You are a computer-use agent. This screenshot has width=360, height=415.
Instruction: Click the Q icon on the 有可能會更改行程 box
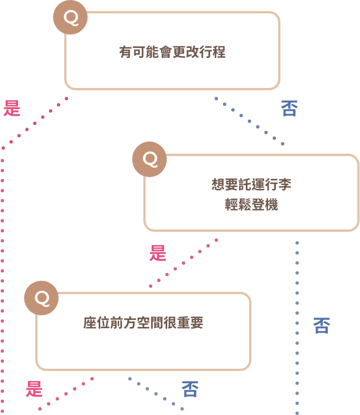[x=70, y=17]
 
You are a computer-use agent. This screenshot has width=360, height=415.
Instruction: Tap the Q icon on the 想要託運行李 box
[x=149, y=159]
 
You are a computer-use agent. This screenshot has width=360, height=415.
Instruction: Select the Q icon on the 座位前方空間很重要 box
[x=41, y=297]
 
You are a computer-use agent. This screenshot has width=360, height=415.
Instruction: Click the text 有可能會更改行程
[x=172, y=52]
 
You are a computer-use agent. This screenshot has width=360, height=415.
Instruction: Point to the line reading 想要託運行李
[x=252, y=184]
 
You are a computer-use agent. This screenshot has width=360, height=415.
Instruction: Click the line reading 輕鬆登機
[x=252, y=204]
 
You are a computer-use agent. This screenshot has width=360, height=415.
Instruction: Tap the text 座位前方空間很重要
[x=143, y=323]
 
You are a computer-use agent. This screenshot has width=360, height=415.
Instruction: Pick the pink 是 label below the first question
[x=12, y=108]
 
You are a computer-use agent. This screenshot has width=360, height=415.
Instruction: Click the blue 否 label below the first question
[x=289, y=108]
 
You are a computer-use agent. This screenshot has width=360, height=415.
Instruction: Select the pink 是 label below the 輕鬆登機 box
[x=158, y=253]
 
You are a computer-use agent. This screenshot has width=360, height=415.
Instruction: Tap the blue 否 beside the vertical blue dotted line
[x=321, y=325]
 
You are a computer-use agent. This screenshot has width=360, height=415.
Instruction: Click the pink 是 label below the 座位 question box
[x=35, y=388]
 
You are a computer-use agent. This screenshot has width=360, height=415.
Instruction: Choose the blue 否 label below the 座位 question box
[x=190, y=388]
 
